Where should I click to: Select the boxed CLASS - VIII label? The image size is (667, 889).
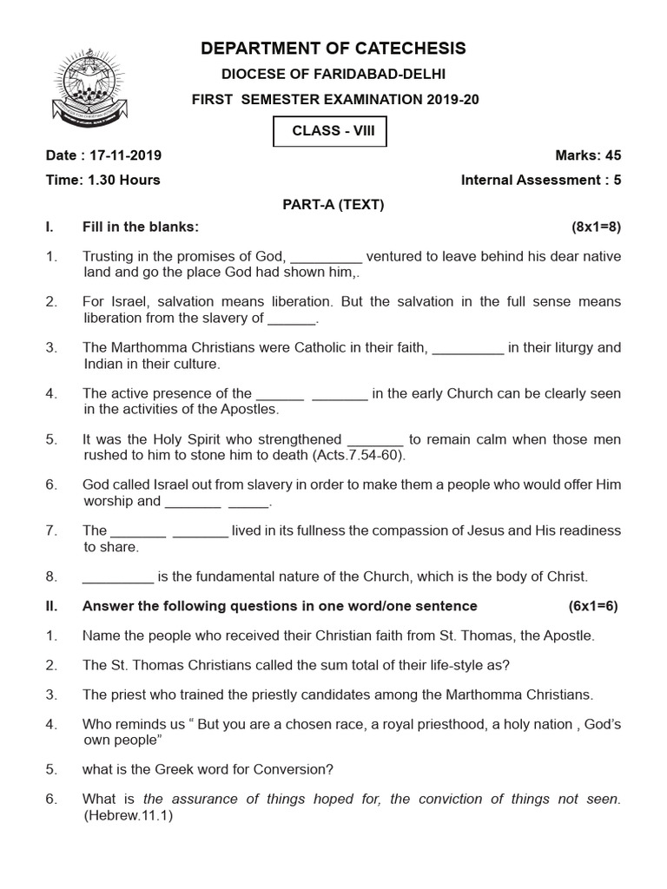pos(328,134)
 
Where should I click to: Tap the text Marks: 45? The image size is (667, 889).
pos(588,156)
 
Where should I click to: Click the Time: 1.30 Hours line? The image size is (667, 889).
pos(103,181)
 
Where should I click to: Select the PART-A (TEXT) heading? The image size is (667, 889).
pos(333,205)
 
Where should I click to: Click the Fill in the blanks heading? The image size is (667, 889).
pos(141,227)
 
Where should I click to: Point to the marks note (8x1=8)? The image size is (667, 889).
pos(596,227)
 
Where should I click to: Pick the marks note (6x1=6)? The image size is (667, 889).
pos(593,606)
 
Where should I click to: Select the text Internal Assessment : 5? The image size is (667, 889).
pos(541,181)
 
